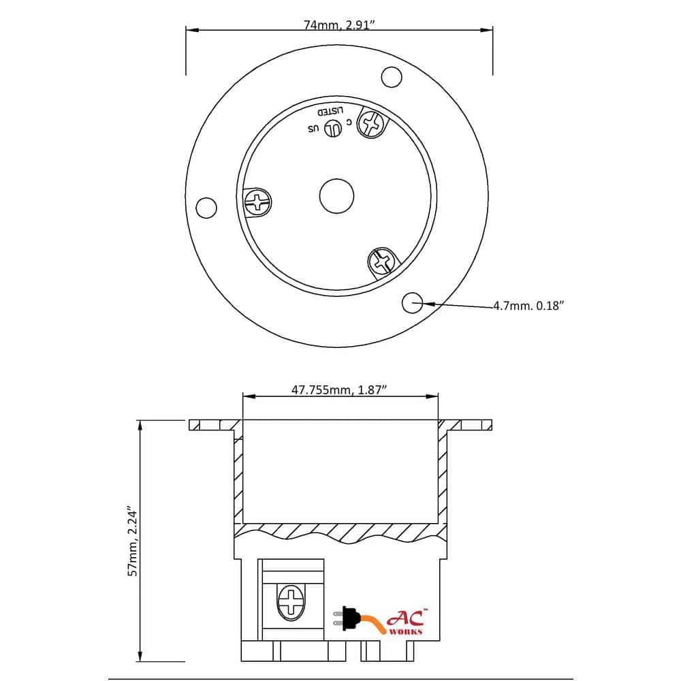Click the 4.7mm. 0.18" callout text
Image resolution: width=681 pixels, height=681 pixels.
pyautogui.click(x=528, y=306)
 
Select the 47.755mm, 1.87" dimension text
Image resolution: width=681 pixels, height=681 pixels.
pyautogui.click(x=340, y=390)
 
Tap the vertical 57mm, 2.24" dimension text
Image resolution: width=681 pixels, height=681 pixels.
pyautogui.click(x=133, y=542)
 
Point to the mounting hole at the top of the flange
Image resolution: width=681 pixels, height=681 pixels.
pyautogui.click(x=391, y=77)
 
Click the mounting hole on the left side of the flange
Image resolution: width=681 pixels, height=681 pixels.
pyautogui.click(x=206, y=207)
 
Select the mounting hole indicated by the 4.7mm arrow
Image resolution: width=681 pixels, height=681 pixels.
pyautogui.click(x=413, y=303)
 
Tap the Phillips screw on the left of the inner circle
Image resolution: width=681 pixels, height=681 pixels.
pyautogui.click(x=258, y=202)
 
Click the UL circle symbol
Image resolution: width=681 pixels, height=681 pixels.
pyautogui.click(x=333, y=128)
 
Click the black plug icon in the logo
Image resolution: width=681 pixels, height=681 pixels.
pyautogui.click(x=349, y=618)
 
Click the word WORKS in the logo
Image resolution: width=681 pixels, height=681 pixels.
pyautogui.click(x=405, y=631)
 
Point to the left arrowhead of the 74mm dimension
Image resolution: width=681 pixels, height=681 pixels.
pyautogui.click(x=191, y=30)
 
